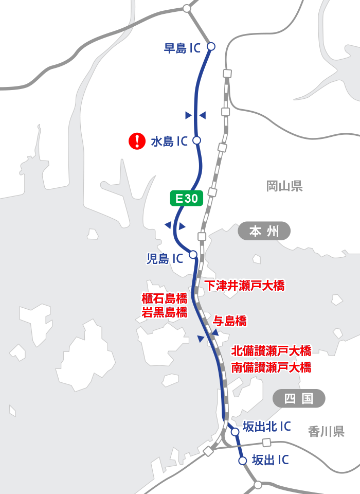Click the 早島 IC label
182,48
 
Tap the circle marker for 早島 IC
210,46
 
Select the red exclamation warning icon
136,140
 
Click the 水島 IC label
169,142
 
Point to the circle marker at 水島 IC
196,140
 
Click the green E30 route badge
187,199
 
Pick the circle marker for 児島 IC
193,254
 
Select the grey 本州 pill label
264,232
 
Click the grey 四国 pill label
299,398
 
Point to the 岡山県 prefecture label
284,186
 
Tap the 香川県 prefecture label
326,431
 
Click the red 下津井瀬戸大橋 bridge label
244,286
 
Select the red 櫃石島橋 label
164,298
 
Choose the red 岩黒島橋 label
164,312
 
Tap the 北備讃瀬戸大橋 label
271,351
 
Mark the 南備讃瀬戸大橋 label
271,367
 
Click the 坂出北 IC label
266,427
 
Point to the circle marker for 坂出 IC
243,461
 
